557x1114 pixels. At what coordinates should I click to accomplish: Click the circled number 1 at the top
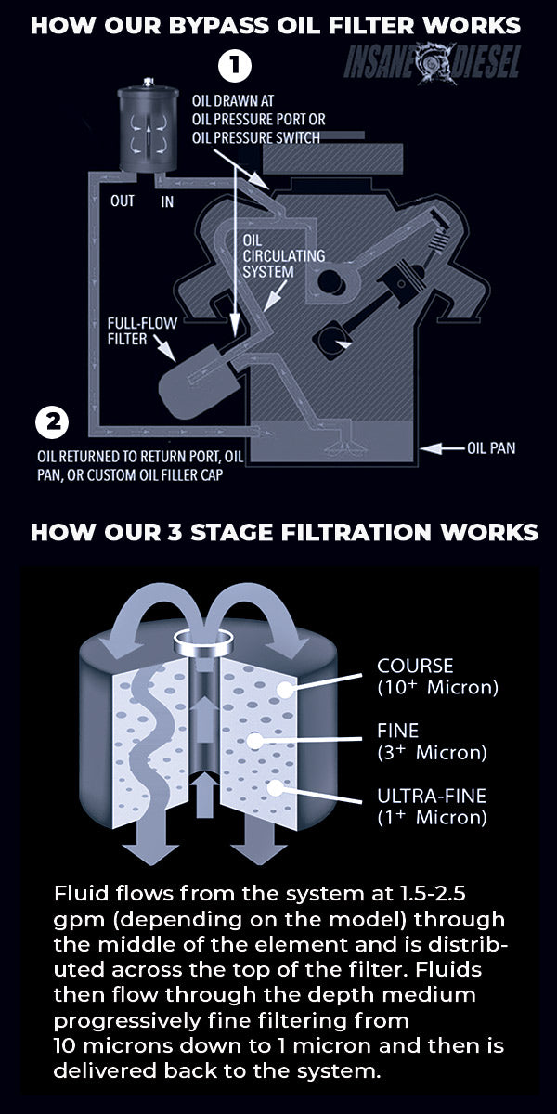(x=235, y=65)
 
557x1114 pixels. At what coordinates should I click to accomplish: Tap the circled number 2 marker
(x=52, y=423)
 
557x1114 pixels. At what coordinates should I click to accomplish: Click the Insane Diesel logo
(x=433, y=61)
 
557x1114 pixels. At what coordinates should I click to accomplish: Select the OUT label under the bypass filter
(x=123, y=201)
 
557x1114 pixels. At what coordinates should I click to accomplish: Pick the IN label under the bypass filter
(x=167, y=201)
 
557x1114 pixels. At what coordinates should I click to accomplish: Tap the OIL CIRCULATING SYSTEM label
(x=270, y=255)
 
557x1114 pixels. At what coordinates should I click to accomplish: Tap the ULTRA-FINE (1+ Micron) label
(x=432, y=807)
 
